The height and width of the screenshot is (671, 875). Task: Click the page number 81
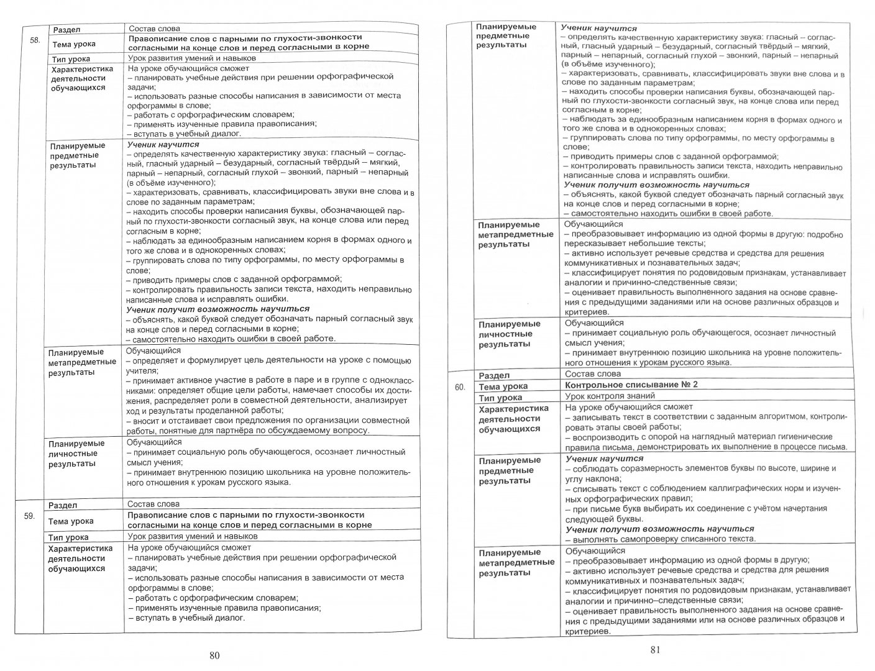pyautogui.click(x=654, y=650)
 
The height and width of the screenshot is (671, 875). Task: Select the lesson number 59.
pyautogui.click(x=29, y=516)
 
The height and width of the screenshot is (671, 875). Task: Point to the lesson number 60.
pyautogui.click(x=460, y=386)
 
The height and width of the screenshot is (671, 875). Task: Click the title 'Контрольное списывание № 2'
pyautogui.click(x=631, y=385)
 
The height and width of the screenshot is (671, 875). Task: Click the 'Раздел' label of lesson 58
pyautogui.click(x=66, y=29)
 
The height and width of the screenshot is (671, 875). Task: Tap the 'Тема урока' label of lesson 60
pyautogui.click(x=503, y=386)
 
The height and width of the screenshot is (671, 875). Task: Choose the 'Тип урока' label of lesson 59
pyautogui.click(x=68, y=537)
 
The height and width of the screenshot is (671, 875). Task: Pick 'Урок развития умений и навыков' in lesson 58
pyautogui.click(x=192, y=58)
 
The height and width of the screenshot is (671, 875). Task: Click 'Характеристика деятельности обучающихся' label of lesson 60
pyautogui.click(x=513, y=418)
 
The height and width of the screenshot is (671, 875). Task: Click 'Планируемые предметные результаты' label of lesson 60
pyautogui.click(x=510, y=470)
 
